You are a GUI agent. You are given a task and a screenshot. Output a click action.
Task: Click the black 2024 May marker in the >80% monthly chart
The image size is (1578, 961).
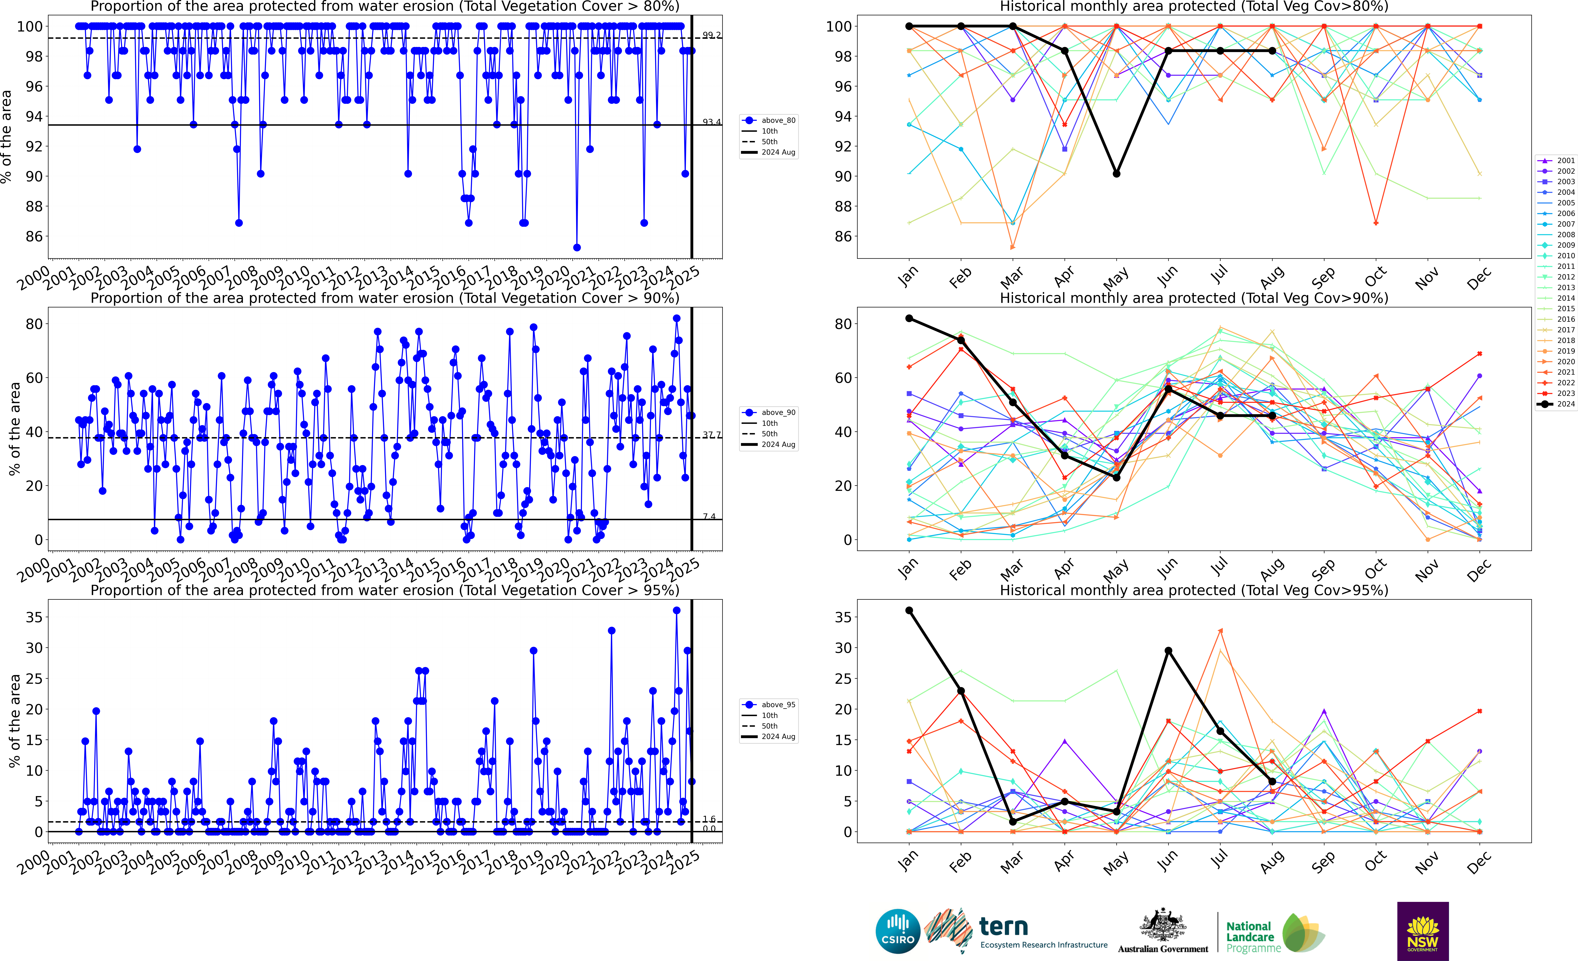pyautogui.click(x=1116, y=174)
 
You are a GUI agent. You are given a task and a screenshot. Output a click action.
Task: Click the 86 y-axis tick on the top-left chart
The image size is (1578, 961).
pyautogui.click(x=34, y=236)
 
